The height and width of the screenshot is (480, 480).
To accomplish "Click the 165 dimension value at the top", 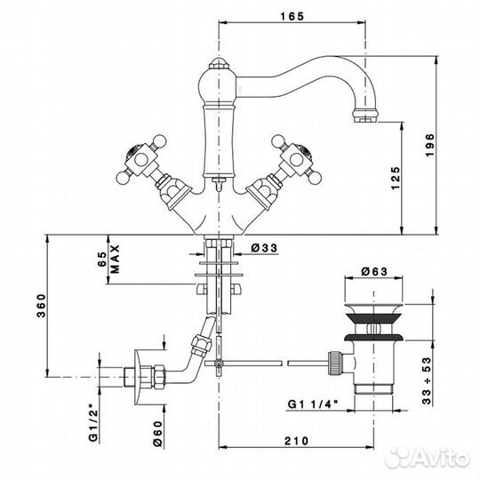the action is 292,16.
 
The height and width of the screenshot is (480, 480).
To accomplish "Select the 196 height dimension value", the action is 430,145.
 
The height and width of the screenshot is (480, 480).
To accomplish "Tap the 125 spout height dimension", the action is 396,178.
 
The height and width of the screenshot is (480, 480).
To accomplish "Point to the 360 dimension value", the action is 41,306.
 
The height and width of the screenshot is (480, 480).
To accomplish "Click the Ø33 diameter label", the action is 264,248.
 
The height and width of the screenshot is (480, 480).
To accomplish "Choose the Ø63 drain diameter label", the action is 374,271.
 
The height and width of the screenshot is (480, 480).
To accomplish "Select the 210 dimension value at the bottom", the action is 296,441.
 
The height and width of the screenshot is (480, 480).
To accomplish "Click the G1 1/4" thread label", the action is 313,404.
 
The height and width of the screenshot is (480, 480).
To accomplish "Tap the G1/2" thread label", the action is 93,425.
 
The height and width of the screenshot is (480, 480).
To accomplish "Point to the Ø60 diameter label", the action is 157,434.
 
